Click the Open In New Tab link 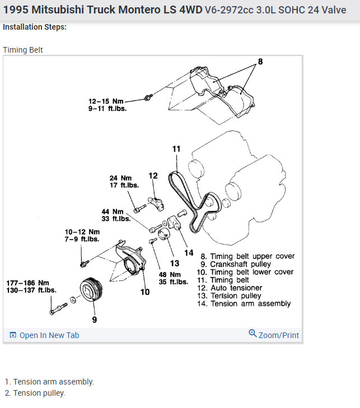pyautogui.click(x=45, y=335)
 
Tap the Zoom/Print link pyautogui.click(x=274, y=335)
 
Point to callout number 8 pyautogui.click(x=260, y=62)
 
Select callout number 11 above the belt pyautogui.click(x=176, y=149)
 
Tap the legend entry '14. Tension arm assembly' pyautogui.click(x=246, y=303)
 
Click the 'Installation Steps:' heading pyautogui.click(x=35, y=27)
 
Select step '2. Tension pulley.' pyautogui.click(x=35, y=393)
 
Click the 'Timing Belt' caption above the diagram pyautogui.click(x=23, y=50)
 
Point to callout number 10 pyautogui.click(x=144, y=292)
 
